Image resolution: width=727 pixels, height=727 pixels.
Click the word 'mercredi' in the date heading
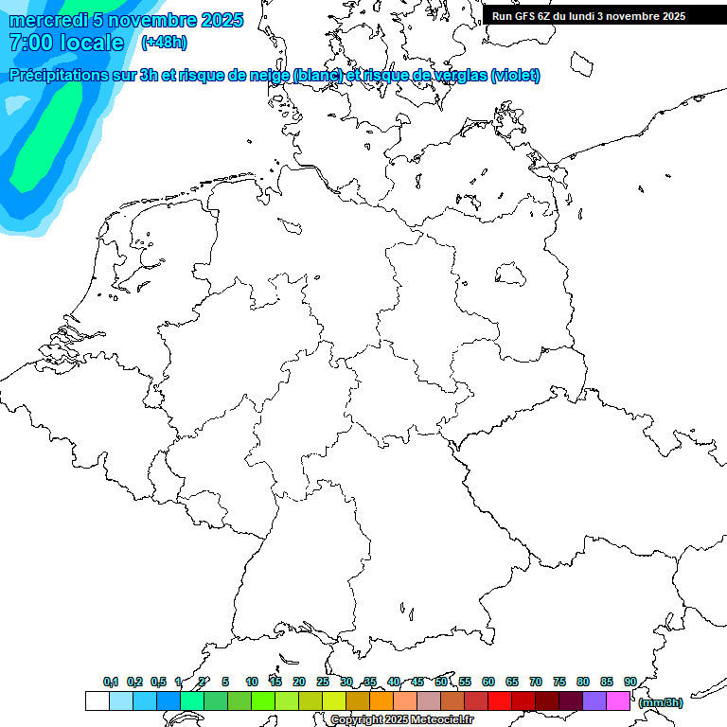[49, 20]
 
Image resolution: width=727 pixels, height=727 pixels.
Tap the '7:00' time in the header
[29, 43]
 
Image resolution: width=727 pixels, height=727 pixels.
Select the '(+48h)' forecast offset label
[164, 43]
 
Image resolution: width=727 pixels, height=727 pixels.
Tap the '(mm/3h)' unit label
[661, 702]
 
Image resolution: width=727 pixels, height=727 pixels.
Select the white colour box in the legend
[97, 701]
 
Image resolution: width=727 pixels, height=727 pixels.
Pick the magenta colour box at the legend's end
[618, 701]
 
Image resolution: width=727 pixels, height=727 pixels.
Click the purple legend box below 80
[594, 701]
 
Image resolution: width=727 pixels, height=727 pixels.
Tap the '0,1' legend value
[111, 682]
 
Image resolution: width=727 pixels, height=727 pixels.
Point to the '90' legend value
[630, 682]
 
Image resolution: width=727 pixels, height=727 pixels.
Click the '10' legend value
[252, 682]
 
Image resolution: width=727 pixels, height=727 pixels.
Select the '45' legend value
[417, 682]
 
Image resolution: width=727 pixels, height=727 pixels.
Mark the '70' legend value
[536, 682]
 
